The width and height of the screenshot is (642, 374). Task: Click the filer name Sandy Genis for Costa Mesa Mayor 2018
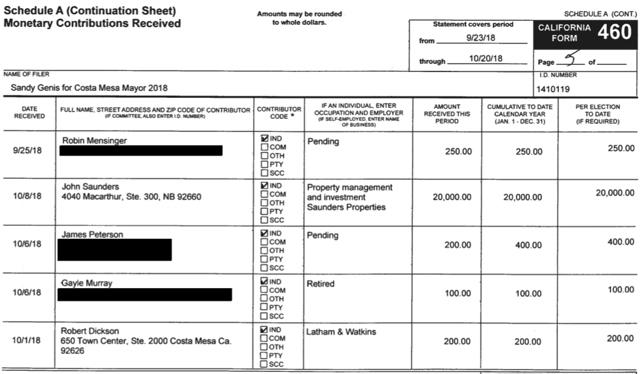[x=89, y=87]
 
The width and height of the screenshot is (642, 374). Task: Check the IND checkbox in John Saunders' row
[x=264, y=186]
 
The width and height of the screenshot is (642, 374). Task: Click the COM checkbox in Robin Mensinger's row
[x=264, y=147]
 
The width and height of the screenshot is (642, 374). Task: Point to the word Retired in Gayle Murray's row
[x=320, y=284]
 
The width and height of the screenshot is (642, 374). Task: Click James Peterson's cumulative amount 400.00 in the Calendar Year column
[x=528, y=245]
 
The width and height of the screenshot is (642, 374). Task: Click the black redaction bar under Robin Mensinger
[x=141, y=151]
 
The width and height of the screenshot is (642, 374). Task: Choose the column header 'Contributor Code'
[x=279, y=113]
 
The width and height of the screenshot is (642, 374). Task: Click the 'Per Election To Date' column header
[x=597, y=114]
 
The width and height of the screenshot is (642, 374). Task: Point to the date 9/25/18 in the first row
[x=27, y=151]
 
